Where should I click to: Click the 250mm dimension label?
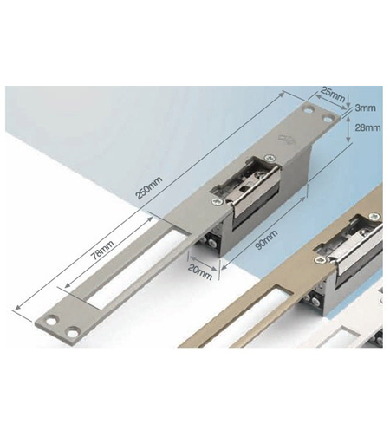click(149, 188)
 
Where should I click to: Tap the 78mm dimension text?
click(102, 250)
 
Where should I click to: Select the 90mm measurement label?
click(267, 240)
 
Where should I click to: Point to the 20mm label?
click(200, 272)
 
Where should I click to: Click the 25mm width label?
click(333, 95)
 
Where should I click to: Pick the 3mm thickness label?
click(365, 108)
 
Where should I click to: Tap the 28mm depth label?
click(367, 127)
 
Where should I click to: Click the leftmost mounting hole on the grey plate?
click(52, 321)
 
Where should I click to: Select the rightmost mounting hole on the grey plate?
click(328, 119)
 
